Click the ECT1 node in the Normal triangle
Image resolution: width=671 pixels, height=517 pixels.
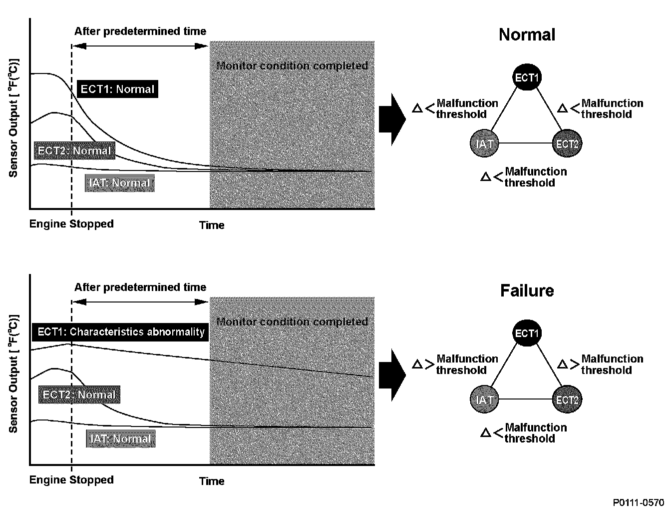pyautogui.click(x=527, y=78)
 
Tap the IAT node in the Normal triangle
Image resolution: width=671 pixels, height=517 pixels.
pyautogui.click(x=485, y=143)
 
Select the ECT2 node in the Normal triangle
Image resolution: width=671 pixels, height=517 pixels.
pyautogui.click(x=568, y=143)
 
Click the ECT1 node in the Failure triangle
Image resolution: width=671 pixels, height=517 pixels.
pyautogui.click(x=527, y=333)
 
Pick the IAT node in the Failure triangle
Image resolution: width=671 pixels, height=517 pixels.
pyautogui.click(x=485, y=399)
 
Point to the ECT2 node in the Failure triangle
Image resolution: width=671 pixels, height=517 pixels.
pyautogui.click(x=568, y=399)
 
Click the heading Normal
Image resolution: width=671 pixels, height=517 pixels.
pyautogui.click(x=527, y=34)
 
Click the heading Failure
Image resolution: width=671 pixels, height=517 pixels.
pyautogui.click(x=527, y=290)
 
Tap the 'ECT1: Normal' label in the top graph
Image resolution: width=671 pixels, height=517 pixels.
pyautogui.click(x=117, y=89)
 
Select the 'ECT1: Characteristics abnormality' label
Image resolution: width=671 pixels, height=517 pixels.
pyautogui.click(x=120, y=332)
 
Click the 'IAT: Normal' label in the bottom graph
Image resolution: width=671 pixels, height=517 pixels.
pyautogui.click(x=120, y=439)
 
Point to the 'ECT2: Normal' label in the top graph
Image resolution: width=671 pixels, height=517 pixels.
pyautogui.click(x=74, y=150)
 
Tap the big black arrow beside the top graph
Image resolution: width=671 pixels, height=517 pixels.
pyautogui.click(x=392, y=120)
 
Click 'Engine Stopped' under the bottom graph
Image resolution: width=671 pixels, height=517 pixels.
pyautogui.click(x=71, y=480)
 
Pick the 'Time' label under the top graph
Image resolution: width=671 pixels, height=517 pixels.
pyautogui.click(x=212, y=225)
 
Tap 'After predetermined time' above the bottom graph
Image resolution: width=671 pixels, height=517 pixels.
pyautogui.click(x=140, y=287)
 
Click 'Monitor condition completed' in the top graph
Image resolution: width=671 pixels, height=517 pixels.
pyautogui.click(x=293, y=66)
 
